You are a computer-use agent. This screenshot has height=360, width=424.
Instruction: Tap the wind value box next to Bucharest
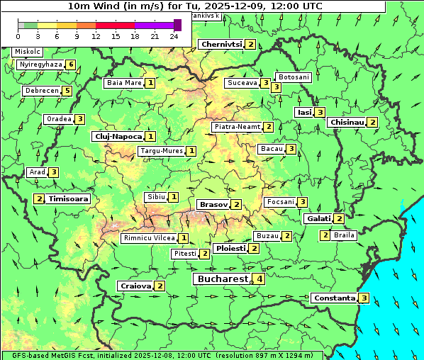260,279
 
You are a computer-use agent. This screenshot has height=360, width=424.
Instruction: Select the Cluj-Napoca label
118,136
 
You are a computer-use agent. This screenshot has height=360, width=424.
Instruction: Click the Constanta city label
333,298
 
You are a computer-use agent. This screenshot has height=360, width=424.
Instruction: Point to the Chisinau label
347,122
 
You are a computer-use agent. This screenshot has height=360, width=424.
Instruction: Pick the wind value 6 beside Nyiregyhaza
71,64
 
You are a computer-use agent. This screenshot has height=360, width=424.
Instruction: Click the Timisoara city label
69,199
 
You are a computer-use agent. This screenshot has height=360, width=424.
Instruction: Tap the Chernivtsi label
221,44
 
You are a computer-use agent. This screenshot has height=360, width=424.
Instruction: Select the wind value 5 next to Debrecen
67,91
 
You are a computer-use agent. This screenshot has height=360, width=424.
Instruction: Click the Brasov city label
213,204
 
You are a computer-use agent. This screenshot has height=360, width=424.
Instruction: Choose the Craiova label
135,286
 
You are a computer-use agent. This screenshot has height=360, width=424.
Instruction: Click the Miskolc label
28,52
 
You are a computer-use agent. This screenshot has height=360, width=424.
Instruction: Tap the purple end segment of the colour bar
177,25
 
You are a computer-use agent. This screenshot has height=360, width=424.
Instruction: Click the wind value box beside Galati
339,219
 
